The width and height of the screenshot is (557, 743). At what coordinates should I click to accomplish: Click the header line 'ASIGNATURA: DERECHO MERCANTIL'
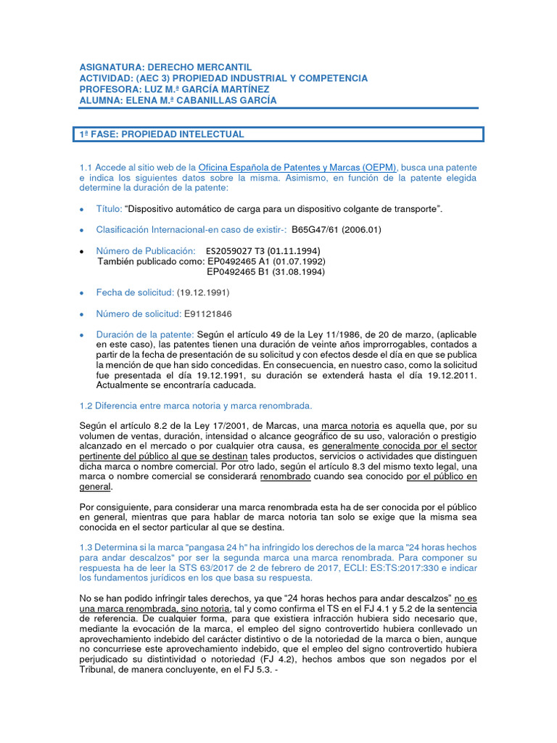click(165, 67)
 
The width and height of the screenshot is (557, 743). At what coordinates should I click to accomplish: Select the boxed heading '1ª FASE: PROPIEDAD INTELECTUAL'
click(162, 134)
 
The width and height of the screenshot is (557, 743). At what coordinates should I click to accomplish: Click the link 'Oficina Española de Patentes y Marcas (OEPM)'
click(297, 168)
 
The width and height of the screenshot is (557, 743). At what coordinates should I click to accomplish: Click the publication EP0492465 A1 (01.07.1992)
click(266, 261)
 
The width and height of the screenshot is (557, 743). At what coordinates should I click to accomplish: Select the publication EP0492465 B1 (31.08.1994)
click(266, 272)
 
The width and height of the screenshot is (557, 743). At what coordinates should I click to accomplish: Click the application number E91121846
click(208, 313)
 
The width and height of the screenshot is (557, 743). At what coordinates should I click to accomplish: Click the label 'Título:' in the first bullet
click(109, 209)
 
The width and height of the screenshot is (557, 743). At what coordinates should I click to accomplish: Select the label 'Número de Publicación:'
click(146, 251)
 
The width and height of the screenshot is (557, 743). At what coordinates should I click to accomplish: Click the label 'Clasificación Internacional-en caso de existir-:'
click(191, 230)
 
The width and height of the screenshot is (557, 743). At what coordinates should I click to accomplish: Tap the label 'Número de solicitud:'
click(139, 313)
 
